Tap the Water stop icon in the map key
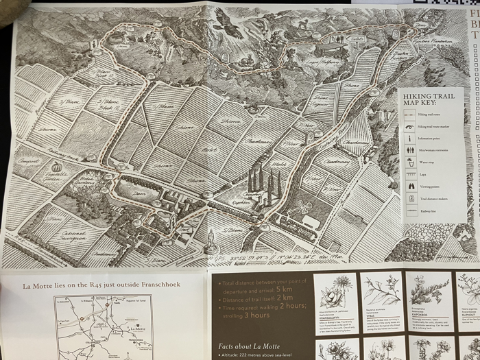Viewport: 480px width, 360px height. point(410,163)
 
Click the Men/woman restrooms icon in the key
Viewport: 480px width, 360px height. point(410,150)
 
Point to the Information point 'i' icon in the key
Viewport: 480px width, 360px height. point(410,139)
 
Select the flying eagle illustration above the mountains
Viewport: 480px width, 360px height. point(229,27)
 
